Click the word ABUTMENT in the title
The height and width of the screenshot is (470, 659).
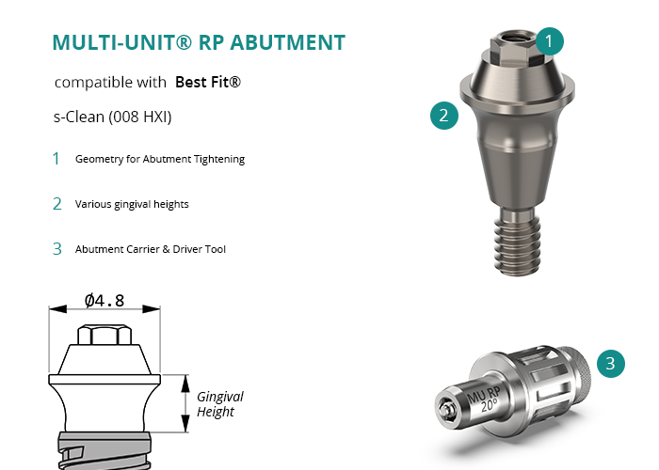tap(288, 42)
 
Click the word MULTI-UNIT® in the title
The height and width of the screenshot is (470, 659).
tap(121, 42)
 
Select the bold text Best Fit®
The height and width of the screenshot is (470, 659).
tap(208, 82)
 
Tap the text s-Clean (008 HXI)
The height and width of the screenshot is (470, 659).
tap(113, 117)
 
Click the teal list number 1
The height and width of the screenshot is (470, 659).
tap(56, 159)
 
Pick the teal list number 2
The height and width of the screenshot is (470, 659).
tap(57, 204)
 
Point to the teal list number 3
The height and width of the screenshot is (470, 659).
tap(57, 249)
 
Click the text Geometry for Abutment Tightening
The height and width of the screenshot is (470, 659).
tap(160, 159)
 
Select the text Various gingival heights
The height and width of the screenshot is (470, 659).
tap(132, 204)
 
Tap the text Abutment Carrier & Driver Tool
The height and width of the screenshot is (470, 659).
tap(151, 249)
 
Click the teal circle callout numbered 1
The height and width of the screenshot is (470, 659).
tap(549, 41)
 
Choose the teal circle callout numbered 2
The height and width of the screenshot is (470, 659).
tap(444, 115)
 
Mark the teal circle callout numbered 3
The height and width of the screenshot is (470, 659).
tap(611, 364)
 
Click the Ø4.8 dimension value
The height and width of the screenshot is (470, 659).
tap(104, 301)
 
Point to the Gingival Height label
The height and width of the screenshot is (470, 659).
tap(219, 403)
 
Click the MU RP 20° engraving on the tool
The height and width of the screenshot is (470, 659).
tap(484, 399)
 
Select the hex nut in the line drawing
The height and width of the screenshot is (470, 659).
tap(104, 335)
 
